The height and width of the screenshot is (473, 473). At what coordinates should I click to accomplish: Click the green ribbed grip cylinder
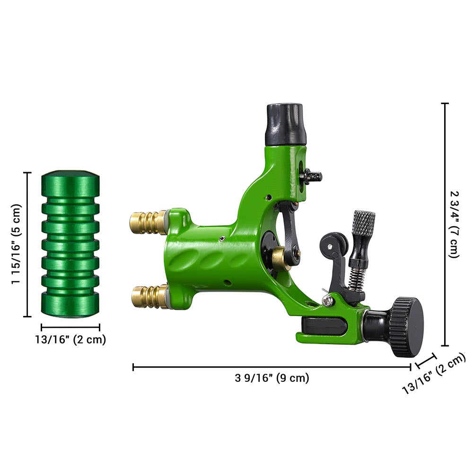tap(70, 244)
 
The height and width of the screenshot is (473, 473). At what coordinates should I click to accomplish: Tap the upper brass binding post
tap(148, 222)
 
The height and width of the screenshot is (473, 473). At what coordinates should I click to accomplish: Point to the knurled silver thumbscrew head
tap(363, 223)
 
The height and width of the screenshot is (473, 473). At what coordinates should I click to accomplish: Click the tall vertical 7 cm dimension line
tap(445, 224)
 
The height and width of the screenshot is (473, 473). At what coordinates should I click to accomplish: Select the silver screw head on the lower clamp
tap(326, 299)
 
